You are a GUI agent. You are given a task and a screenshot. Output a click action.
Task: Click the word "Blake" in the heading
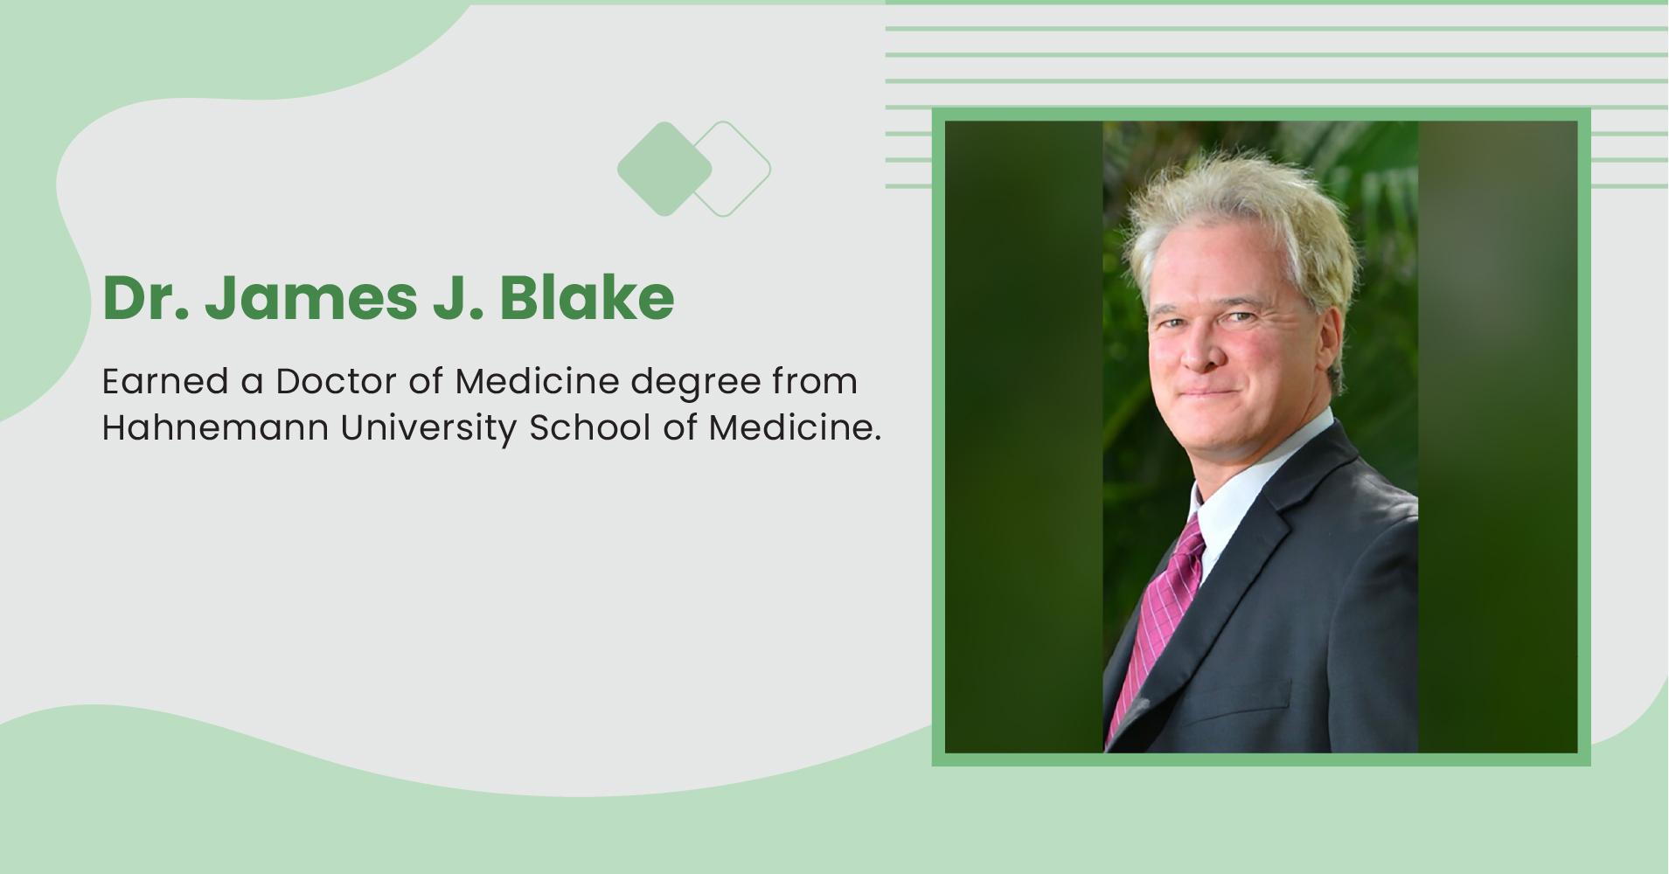587,299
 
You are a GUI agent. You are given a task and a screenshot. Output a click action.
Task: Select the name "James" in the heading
311,299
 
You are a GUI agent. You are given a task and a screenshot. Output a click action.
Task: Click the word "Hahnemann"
215,427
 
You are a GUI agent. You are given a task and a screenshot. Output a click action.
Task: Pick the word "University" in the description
428,429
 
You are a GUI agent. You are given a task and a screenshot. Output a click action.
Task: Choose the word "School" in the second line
590,427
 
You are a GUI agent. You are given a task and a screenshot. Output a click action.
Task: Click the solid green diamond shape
664,169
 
